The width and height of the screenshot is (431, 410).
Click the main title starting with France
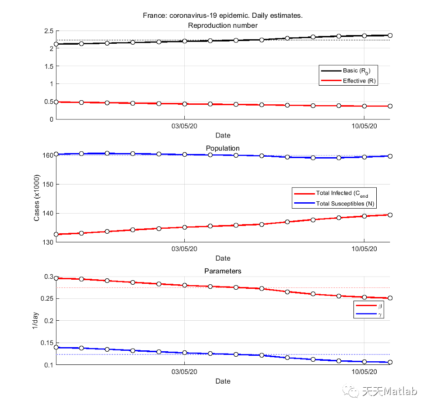point(223,15)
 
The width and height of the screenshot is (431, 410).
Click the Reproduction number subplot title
point(223,25)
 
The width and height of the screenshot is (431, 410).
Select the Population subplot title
point(223,148)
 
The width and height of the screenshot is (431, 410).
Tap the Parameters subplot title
point(223,271)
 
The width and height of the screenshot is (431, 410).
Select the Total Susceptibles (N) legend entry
point(345,204)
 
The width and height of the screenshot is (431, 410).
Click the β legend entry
point(380,306)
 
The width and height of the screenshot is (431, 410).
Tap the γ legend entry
point(380,314)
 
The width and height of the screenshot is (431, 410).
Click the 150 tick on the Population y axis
point(47,184)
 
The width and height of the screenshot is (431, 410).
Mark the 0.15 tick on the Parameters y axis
point(47,343)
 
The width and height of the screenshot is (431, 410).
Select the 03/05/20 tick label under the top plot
point(184,126)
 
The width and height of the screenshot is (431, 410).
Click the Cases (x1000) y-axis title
point(36,198)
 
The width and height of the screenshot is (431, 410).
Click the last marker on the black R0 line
point(390,35)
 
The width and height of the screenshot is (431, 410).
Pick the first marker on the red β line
point(56,278)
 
